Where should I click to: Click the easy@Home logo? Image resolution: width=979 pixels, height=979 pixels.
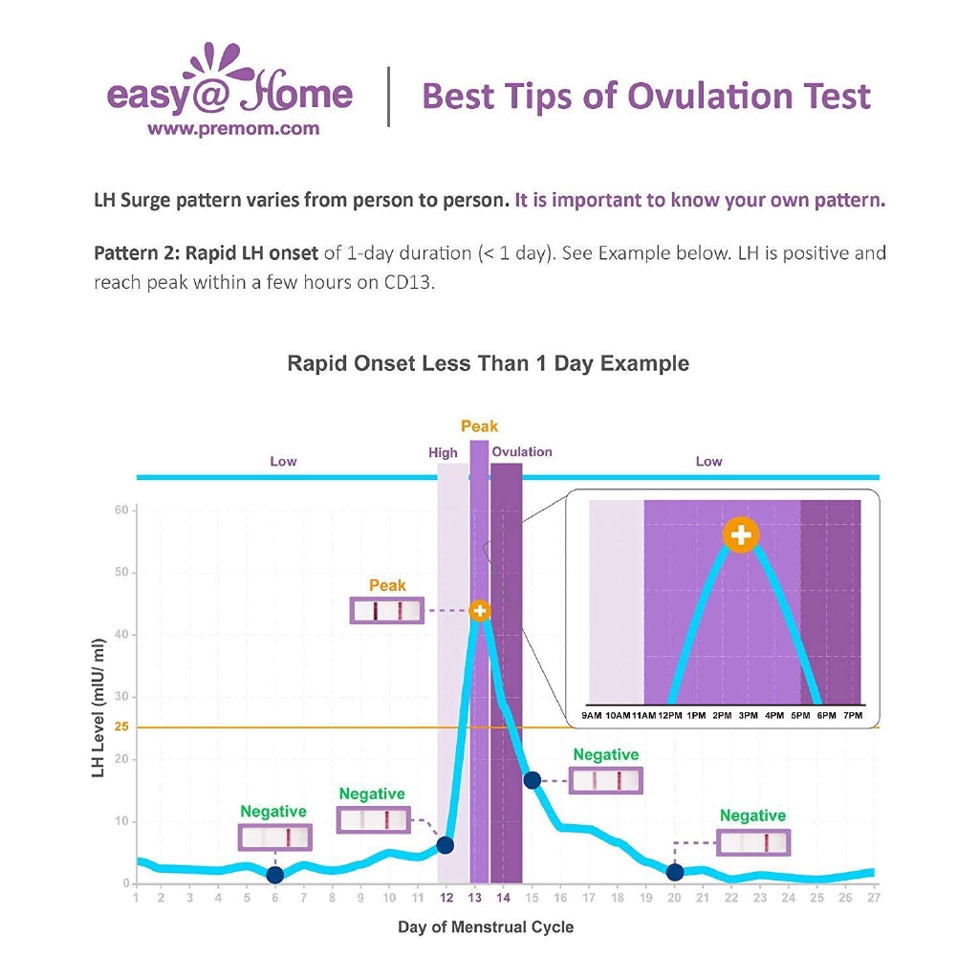[229, 87]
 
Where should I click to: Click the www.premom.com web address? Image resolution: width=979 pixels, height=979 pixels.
[233, 128]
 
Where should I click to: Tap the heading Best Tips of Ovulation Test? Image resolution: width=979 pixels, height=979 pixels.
[646, 97]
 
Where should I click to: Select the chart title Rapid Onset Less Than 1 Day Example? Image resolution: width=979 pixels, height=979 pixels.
[488, 364]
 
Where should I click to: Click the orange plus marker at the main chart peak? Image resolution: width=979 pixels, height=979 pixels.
[480, 611]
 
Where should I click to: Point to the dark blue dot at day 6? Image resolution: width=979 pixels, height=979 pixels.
[275, 875]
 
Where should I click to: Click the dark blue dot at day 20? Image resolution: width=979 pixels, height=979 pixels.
[675, 872]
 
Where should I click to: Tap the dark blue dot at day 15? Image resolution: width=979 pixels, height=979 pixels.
[533, 780]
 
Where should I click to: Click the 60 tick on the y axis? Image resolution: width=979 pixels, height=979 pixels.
[121, 511]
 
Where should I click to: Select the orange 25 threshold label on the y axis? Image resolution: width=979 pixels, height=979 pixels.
[120, 728]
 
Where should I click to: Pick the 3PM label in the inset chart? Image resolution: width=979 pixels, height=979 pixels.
[748, 715]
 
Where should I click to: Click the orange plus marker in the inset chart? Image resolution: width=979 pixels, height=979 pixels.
[741, 535]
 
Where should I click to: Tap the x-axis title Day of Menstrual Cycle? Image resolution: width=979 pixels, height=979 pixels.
[486, 927]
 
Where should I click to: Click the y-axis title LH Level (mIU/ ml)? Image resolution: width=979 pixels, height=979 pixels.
[98, 707]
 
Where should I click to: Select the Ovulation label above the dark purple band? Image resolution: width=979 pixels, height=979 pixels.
[522, 452]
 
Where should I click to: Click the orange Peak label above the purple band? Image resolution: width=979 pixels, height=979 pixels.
[479, 426]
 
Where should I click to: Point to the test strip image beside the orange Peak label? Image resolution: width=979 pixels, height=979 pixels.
[387, 611]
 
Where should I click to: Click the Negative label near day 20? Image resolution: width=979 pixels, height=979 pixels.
[752, 816]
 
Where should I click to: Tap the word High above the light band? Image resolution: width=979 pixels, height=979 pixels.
[443, 453]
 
